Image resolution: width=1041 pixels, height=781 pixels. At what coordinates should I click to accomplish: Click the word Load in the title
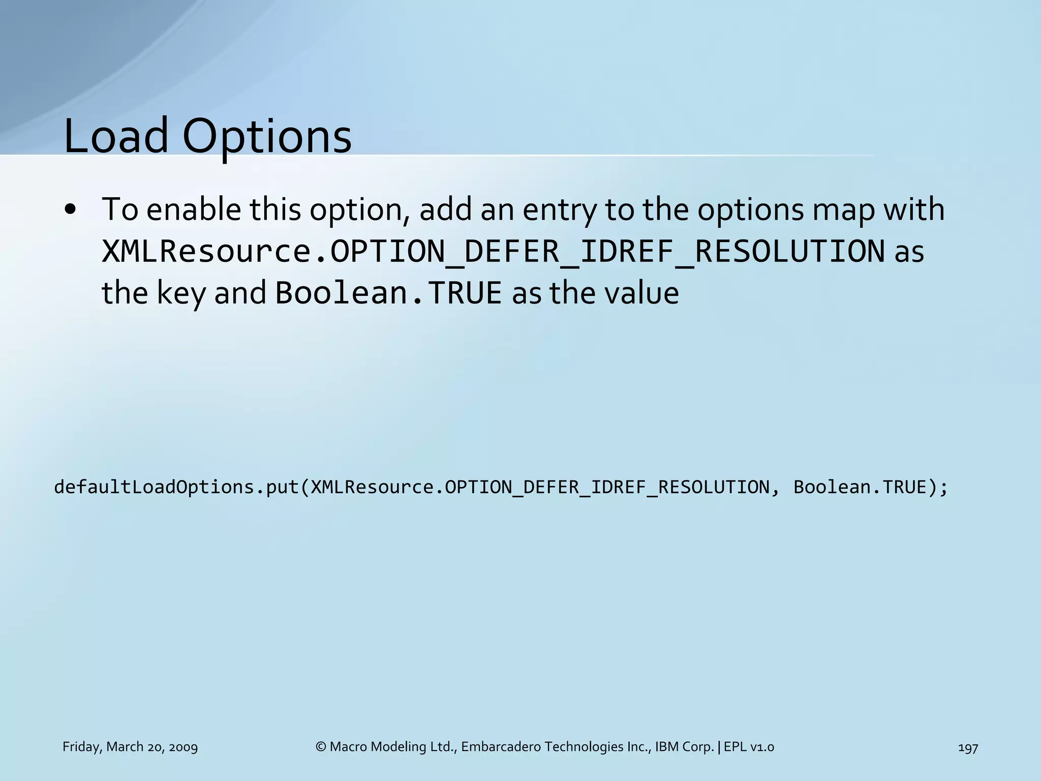(x=116, y=136)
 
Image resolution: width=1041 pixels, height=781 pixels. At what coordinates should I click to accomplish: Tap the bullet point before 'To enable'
(x=71, y=210)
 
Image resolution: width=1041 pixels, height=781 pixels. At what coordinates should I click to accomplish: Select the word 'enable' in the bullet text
(x=194, y=209)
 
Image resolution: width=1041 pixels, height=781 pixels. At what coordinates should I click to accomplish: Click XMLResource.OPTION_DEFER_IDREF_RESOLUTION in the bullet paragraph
(x=493, y=252)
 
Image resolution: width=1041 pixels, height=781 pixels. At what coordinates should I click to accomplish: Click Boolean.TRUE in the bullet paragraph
(x=388, y=293)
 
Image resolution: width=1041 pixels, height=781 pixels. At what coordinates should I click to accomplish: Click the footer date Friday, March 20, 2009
(x=130, y=747)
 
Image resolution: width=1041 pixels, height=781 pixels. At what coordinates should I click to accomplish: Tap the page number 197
(x=968, y=747)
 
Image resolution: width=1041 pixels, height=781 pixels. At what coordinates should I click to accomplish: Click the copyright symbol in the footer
(x=321, y=747)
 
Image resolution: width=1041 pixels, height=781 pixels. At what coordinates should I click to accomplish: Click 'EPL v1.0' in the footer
(x=749, y=747)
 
